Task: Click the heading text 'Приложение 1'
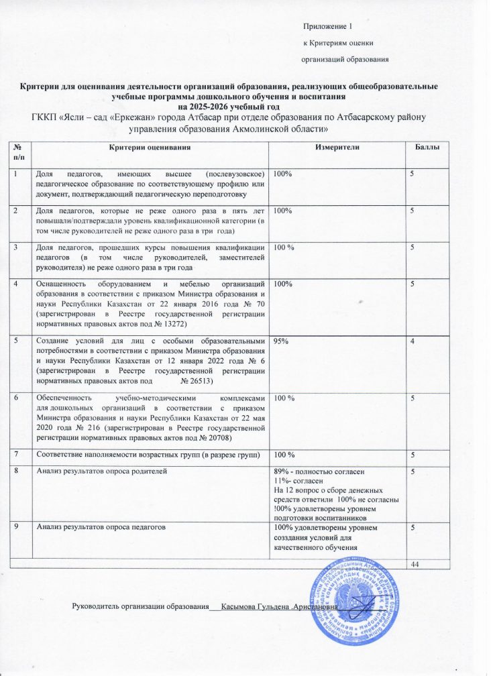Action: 327,26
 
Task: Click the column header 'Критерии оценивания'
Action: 150,147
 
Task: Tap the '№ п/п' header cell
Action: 21,151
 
